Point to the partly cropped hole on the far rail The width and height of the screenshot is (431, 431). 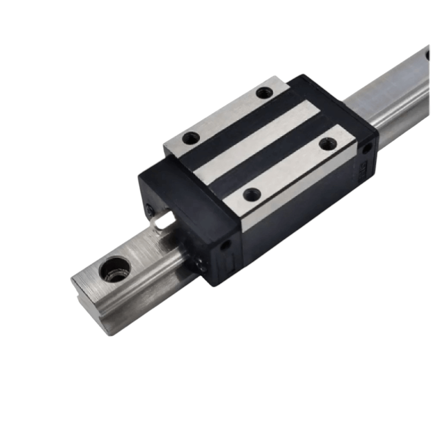tap(428, 55)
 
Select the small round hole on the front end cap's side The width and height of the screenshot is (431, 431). tap(224, 246)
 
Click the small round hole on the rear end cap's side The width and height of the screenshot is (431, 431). tap(367, 149)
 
